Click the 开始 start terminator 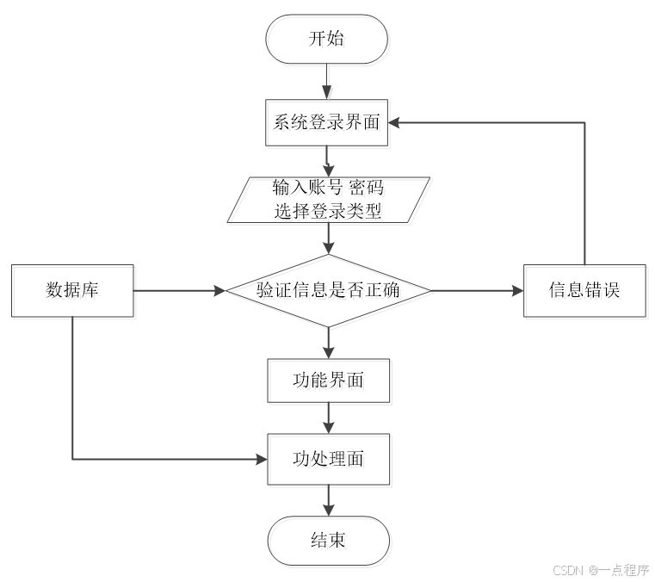[328, 39]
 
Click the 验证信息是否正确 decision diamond [328, 290]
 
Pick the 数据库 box [72, 290]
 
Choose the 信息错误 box [584, 290]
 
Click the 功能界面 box [328, 380]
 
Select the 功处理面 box [328, 459]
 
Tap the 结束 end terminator [328, 540]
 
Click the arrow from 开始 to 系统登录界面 [328, 82]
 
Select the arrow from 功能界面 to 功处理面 [328, 418]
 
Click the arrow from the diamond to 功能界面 [328, 342]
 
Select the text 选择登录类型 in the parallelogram [328, 210]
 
